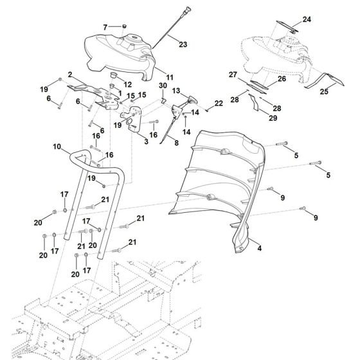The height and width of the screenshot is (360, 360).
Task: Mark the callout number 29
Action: [x=254, y=119]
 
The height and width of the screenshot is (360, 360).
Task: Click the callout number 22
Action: [x=219, y=103]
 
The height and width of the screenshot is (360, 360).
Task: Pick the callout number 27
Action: [x=232, y=75]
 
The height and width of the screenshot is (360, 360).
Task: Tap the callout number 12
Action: [x=127, y=84]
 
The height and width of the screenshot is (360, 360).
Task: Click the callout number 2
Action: [x=69, y=75]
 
